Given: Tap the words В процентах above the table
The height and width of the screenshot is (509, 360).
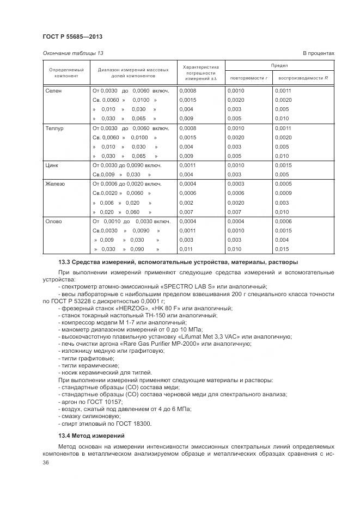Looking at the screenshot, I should (x=318, y=53).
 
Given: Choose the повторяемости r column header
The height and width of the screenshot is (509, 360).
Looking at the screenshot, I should (x=248, y=78).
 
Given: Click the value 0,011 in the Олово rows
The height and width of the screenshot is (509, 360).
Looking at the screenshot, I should (x=186, y=249).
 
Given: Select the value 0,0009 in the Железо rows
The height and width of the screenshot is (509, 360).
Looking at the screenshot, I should (x=283, y=193).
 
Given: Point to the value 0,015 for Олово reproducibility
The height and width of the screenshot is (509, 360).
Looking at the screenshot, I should (x=282, y=249).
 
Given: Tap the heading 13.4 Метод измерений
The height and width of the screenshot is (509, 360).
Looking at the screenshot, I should (x=91, y=436).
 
